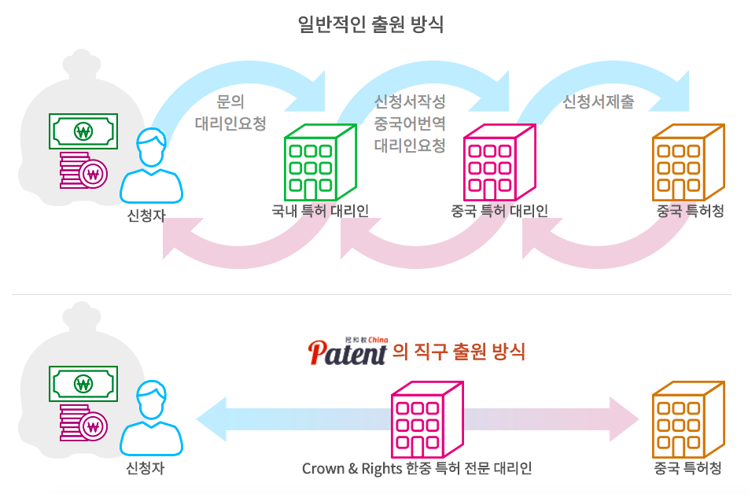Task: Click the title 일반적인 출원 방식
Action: pyautogui.click(x=371, y=24)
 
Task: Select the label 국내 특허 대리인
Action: pyautogui.click(x=320, y=210)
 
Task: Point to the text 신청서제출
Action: pyautogui.click(x=599, y=102)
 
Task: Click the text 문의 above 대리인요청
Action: pyautogui.click(x=230, y=102)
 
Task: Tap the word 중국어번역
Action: pyautogui.click(x=410, y=124)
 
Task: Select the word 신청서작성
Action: pyautogui.click(x=410, y=102)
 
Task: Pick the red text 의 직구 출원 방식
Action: pyautogui.click(x=459, y=351)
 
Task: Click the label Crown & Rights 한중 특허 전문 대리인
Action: pyautogui.click(x=417, y=469)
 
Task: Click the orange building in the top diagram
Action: pyautogui.click(x=687, y=162)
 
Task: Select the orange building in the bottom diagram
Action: pyautogui.click(x=687, y=419)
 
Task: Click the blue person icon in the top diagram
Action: pyautogui.click(x=151, y=166)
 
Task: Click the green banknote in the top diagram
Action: pyautogui.click(x=83, y=131)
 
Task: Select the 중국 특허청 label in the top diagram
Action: pyautogui.click(x=690, y=210)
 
